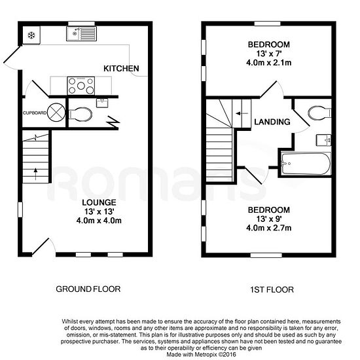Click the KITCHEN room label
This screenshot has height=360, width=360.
(x=121, y=69)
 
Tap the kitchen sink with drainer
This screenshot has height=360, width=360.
(x=82, y=34)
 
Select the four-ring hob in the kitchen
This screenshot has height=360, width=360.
(x=81, y=86)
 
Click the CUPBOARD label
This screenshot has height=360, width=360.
(x=35, y=113)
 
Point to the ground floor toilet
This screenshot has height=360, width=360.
(x=81, y=114)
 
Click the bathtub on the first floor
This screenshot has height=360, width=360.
(x=306, y=164)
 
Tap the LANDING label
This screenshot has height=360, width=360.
(x=272, y=122)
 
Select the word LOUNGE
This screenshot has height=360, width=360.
(x=99, y=202)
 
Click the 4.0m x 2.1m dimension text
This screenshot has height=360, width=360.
(x=268, y=63)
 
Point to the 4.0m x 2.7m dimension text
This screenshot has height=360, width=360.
(x=268, y=228)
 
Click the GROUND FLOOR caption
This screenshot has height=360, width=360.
(x=88, y=289)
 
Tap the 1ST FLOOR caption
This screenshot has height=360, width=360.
(x=272, y=290)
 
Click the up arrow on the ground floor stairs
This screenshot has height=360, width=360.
(x=35, y=174)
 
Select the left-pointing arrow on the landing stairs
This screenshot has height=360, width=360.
(x=242, y=113)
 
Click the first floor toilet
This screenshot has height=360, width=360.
(x=319, y=113)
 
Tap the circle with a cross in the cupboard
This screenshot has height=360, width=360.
(x=56, y=113)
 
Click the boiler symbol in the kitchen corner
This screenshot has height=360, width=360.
(x=31, y=35)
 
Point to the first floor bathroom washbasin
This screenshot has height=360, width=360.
(x=324, y=140)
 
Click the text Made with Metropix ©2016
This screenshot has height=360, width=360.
(x=201, y=355)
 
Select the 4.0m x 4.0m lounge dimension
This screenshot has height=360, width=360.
(x=99, y=221)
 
